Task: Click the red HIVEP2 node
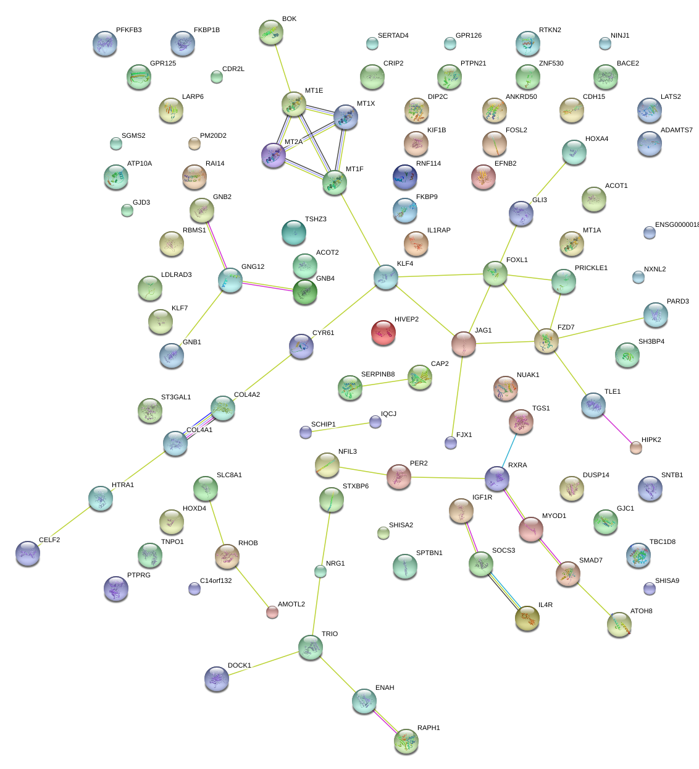(x=383, y=332)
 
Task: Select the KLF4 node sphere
(x=386, y=276)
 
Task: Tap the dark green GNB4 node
(x=305, y=291)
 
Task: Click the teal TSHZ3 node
(x=293, y=232)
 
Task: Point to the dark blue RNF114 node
(x=405, y=176)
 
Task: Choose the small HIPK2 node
(x=635, y=448)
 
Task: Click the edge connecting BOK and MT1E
(x=282, y=69)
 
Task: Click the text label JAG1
(x=483, y=331)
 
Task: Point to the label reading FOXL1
(x=517, y=260)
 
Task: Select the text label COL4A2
(x=247, y=395)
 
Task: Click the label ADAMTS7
(x=677, y=130)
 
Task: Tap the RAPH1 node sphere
(x=406, y=741)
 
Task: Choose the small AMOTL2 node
(x=272, y=612)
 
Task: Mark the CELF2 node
(x=28, y=553)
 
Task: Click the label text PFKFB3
(x=128, y=30)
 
